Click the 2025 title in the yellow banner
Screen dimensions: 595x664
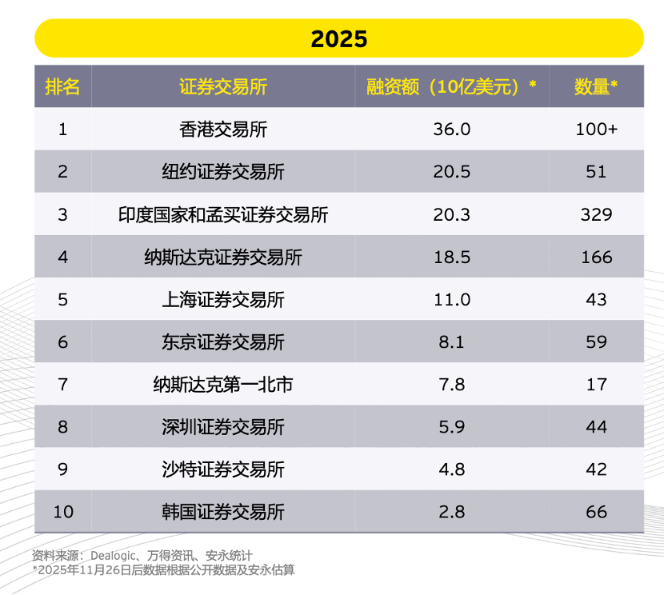click(x=339, y=39)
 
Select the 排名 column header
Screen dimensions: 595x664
click(x=62, y=86)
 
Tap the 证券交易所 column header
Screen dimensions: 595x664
click(x=223, y=86)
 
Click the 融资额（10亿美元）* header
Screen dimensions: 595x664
click(x=451, y=86)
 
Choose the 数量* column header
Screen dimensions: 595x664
click(x=596, y=86)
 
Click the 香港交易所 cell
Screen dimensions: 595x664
click(x=223, y=130)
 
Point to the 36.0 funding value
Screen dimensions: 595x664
click(x=451, y=130)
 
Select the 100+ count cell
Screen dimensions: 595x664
click(x=596, y=130)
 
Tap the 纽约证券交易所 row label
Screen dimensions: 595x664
click(x=223, y=172)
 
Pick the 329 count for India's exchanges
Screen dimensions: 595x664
click(x=596, y=214)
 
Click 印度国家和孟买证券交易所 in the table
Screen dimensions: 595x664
click(x=223, y=214)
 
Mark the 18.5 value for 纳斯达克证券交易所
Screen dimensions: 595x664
click(x=451, y=258)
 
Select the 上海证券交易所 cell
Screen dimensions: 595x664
click(x=223, y=300)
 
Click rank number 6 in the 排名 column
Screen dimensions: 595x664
click(x=62, y=342)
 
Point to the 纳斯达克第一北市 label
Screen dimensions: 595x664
click(x=223, y=385)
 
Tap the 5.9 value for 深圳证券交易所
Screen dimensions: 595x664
click(x=451, y=427)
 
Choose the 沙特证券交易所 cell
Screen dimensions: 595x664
click(x=223, y=469)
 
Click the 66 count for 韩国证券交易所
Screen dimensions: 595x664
click(x=596, y=512)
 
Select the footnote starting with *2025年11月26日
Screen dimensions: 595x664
click(x=163, y=569)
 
